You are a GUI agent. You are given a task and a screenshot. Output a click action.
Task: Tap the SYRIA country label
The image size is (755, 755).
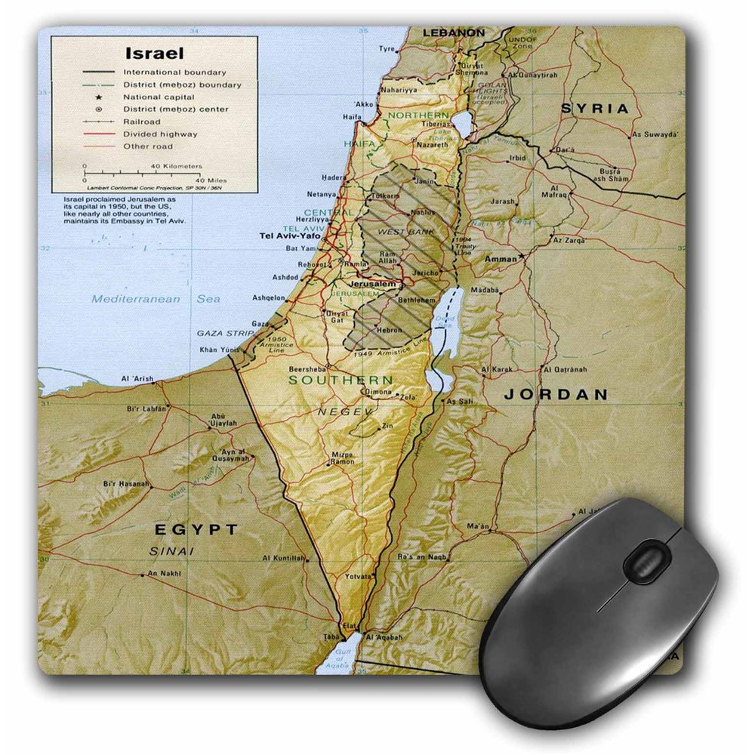594,109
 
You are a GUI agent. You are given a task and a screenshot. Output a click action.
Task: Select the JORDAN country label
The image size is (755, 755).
556,394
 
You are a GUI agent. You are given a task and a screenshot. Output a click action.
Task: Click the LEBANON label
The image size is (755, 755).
453,33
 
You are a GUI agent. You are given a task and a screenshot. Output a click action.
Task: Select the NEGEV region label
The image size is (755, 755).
345,411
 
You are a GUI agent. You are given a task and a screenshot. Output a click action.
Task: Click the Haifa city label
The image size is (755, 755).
351,117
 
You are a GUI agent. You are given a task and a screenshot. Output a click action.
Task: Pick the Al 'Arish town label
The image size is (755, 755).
136,378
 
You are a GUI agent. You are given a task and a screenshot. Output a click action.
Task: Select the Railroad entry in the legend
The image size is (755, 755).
143,122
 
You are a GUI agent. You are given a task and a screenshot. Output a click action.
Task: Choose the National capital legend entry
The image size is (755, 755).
164,97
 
